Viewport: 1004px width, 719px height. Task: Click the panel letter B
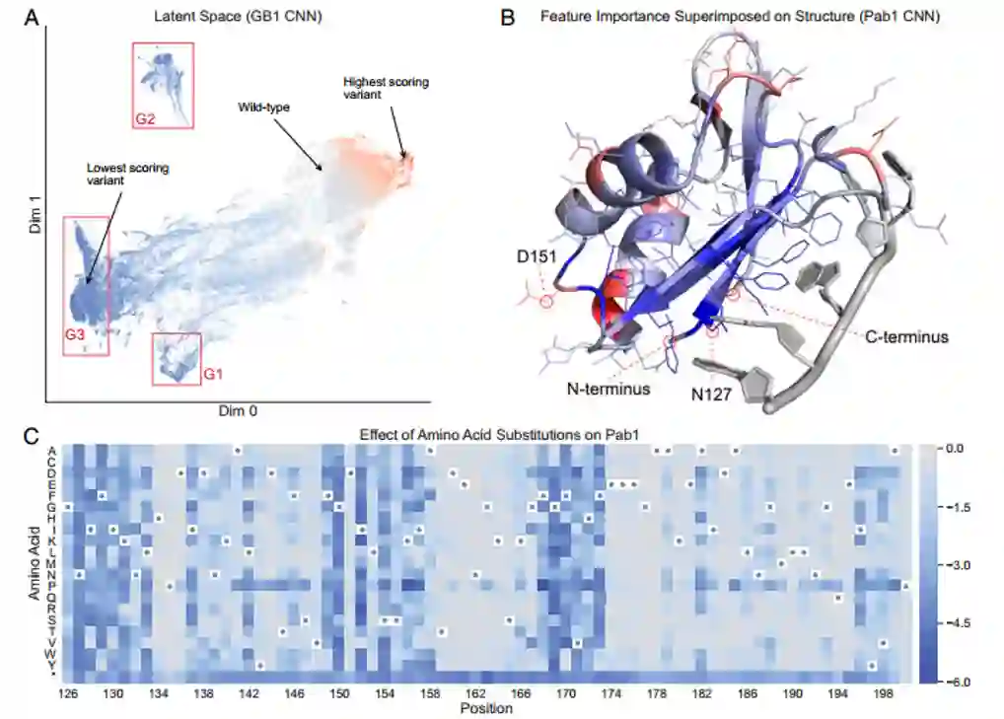[508, 17]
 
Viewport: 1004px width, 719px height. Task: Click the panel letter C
[32, 434]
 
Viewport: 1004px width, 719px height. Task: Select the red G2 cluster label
[146, 119]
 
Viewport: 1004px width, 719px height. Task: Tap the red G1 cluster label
[214, 375]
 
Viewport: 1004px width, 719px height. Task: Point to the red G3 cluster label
[76, 335]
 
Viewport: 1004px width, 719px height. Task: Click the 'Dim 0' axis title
[243, 409]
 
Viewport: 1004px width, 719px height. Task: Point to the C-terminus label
[906, 337]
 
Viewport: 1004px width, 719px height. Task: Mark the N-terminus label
[609, 389]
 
